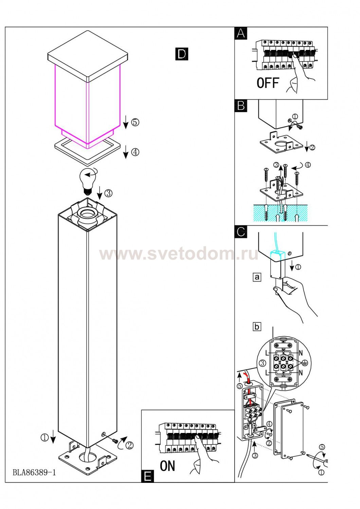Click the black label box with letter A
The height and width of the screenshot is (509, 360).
coord(241,33)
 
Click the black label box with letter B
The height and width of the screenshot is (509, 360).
coord(241,106)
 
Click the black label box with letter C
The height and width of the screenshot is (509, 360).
coord(241,232)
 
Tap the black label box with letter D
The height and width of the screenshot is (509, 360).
coord(182,54)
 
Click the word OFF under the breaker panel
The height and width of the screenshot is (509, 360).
coord(268,83)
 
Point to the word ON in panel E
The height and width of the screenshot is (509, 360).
coord(167,466)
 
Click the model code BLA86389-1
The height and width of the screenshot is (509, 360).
coord(34,472)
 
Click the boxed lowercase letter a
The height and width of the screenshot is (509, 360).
coord(257,277)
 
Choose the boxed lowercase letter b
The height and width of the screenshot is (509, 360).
coord(257,327)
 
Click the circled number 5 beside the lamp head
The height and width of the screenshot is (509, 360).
coord(135,122)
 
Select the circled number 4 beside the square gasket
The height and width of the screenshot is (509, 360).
coord(135,152)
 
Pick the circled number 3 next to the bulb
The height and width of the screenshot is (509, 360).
coord(108,193)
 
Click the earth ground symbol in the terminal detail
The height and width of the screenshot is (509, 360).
coord(305,363)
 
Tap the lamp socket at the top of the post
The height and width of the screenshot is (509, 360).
coord(87,216)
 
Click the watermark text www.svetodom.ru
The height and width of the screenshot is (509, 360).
coord(179,254)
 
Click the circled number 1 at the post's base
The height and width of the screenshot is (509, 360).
coord(44,438)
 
